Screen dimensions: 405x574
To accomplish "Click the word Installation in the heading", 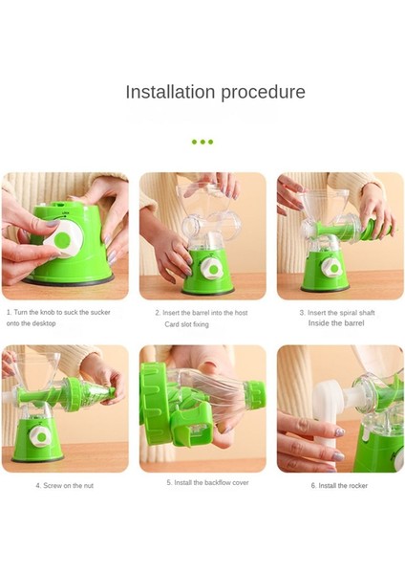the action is (170, 92).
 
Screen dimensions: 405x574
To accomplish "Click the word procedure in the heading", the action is (264, 93).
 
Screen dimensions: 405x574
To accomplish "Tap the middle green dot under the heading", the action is (202, 142).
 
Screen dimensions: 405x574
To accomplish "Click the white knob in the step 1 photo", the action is (64, 239).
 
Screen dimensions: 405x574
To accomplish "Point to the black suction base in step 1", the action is (69, 280).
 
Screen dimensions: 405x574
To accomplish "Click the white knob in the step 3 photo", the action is (330, 268).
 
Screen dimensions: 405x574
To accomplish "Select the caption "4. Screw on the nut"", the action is (64, 486).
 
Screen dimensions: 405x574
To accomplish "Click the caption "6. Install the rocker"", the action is (339, 486).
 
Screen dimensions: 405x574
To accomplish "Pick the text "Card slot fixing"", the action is (187, 324).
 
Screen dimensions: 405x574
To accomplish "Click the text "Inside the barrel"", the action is (336, 323).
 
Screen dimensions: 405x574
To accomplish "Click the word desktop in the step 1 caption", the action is (44, 323).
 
